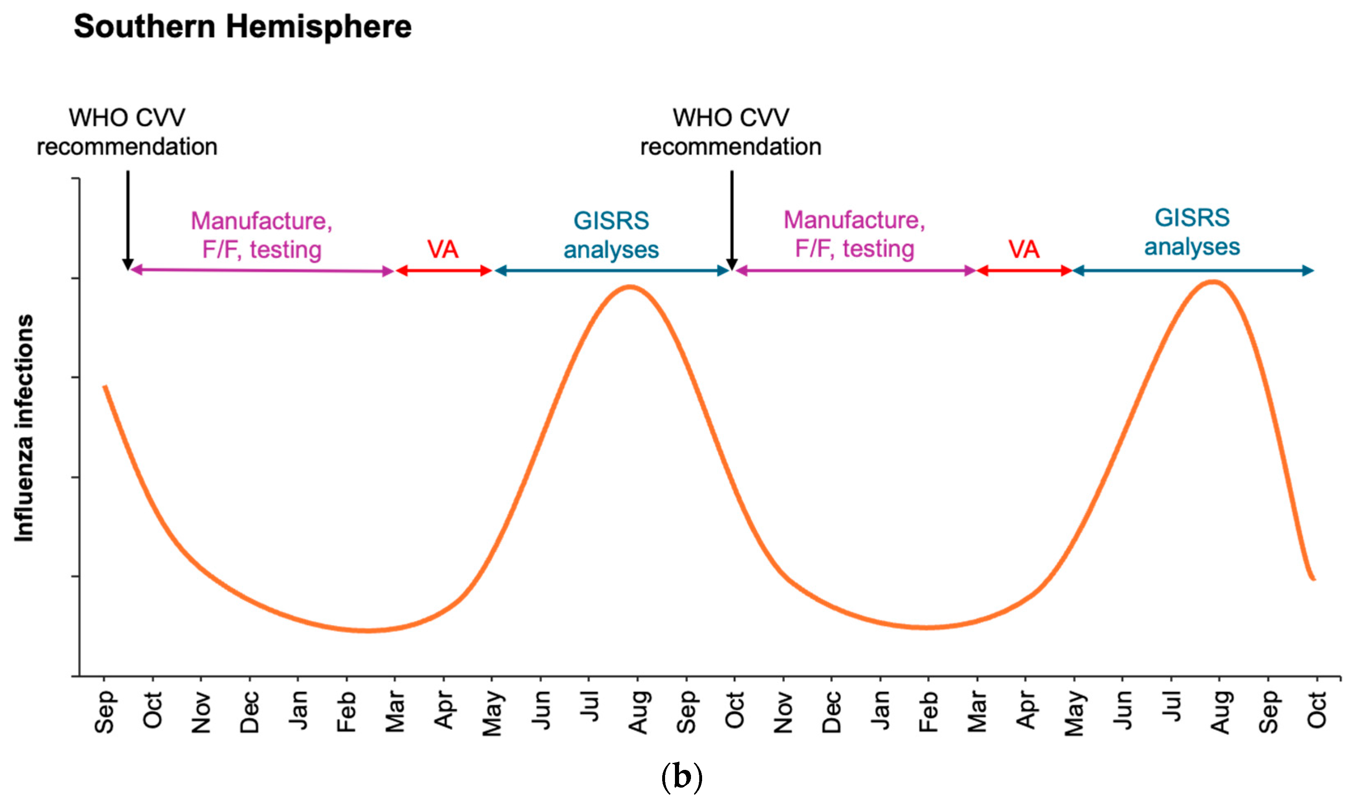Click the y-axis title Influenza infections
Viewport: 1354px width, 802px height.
(x=24, y=428)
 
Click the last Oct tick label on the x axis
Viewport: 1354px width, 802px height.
(x=1317, y=710)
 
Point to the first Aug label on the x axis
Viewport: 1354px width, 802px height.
(x=638, y=712)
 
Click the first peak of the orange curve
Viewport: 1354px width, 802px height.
(x=630, y=287)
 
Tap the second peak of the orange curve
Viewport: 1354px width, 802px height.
(x=1214, y=282)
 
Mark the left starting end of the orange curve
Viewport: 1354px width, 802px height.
(x=105, y=387)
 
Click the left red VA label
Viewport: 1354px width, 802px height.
(x=443, y=249)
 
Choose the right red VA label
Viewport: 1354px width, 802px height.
(x=1024, y=249)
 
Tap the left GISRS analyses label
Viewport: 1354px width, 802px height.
(x=612, y=235)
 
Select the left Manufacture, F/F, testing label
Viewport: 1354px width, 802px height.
(x=261, y=235)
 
